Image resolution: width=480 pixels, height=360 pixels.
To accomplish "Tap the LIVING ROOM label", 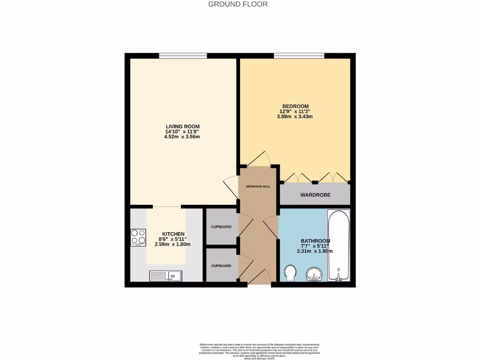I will (x=183, y=127).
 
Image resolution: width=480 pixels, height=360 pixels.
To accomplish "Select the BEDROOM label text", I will (x=295, y=106).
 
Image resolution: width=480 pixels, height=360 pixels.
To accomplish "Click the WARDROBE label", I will (x=315, y=195).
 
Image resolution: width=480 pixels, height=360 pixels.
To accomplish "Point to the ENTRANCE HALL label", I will (x=258, y=187).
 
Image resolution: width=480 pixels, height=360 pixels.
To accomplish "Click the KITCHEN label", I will (x=173, y=234).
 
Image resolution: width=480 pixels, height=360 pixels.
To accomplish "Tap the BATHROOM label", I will (x=315, y=241).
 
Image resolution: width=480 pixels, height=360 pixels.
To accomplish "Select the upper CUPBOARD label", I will (x=221, y=227).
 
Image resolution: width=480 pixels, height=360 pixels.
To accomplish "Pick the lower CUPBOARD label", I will (x=221, y=266).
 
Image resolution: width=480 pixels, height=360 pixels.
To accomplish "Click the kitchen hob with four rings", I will (x=138, y=237).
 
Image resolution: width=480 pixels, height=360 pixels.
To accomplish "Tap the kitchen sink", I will (x=166, y=276).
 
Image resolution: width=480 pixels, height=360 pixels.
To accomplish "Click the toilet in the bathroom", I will (x=290, y=273).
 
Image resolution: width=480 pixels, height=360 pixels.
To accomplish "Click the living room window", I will (x=183, y=56).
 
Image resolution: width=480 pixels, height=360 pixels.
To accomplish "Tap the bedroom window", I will (x=299, y=56).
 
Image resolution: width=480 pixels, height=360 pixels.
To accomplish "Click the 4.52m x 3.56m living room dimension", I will (x=183, y=137).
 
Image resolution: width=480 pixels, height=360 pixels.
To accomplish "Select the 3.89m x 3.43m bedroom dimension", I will (x=295, y=117).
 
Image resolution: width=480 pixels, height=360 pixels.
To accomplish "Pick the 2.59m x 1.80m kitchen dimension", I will (x=173, y=244).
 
